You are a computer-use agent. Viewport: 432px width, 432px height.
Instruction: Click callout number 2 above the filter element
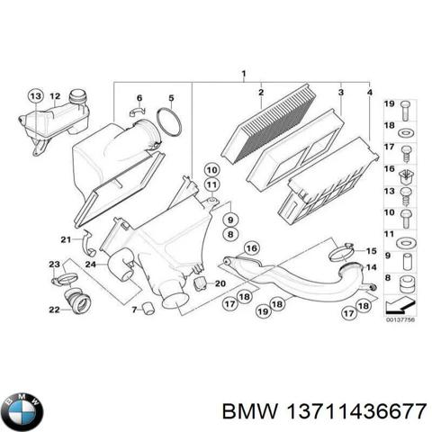click(x=259, y=94)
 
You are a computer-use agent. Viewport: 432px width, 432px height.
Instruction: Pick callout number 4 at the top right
click(x=370, y=94)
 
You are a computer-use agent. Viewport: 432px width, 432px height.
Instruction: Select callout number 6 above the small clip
click(x=139, y=97)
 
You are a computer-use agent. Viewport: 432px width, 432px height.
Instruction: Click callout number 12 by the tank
click(x=54, y=95)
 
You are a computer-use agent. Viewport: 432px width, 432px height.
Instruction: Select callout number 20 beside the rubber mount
click(x=221, y=283)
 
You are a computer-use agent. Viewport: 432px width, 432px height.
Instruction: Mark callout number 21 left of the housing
click(x=65, y=238)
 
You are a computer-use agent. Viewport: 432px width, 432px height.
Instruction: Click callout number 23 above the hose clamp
click(x=54, y=263)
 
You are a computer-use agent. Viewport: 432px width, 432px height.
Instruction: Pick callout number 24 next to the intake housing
click(x=91, y=264)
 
